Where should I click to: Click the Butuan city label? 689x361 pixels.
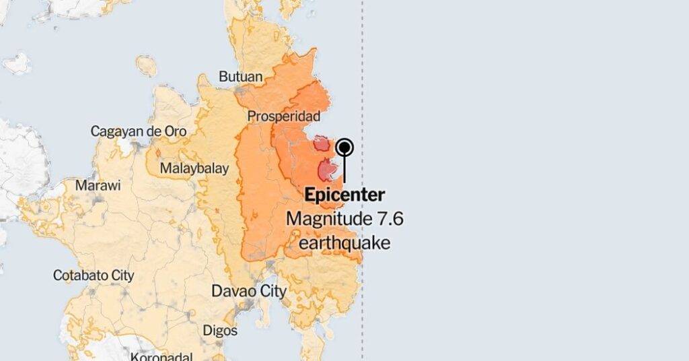[x=240, y=77]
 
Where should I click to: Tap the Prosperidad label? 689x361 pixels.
[x=283, y=117]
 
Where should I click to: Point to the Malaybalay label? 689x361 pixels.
[x=194, y=168]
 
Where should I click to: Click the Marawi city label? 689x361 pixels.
[x=98, y=185]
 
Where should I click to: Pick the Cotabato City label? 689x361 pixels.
[x=94, y=275]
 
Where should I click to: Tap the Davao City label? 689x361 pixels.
[x=249, y=292]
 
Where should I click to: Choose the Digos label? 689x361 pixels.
[x=220, y=331]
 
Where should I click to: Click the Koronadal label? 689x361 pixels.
[x=161, y=356]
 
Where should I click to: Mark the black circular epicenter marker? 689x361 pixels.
[x=344, y=147]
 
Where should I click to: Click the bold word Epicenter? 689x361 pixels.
[x=344, y=195]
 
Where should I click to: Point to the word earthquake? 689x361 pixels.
[x=344, y=242]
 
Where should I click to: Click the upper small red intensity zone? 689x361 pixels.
[x=322, y=143]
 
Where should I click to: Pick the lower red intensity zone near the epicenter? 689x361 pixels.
[x=326, y=170]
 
